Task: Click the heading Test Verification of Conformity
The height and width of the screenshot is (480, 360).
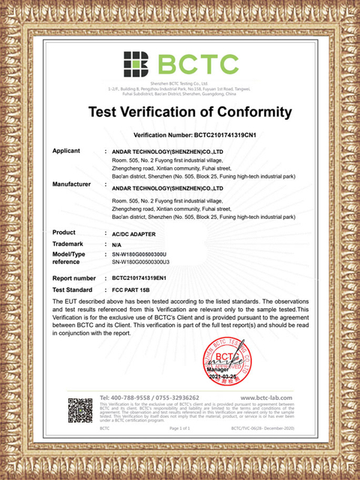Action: (189, 112)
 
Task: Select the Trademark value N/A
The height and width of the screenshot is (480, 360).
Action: (116, 245)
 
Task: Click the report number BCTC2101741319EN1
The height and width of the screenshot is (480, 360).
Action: (146, 277)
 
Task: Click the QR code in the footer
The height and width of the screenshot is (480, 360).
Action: (79, 411)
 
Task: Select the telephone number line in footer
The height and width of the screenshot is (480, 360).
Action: (150, 397)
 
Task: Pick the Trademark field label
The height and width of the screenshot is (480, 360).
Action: (68, 244)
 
